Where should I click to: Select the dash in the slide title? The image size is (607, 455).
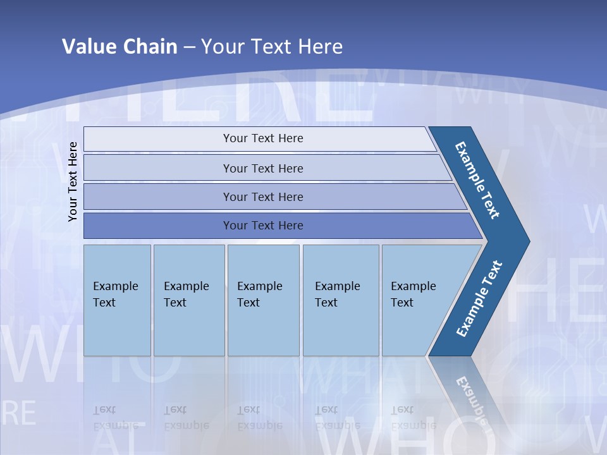189,47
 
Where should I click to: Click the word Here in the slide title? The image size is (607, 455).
320,46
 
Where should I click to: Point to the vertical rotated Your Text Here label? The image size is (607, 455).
73,181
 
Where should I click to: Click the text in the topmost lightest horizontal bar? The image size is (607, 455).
263,138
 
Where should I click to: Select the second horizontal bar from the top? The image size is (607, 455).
263,168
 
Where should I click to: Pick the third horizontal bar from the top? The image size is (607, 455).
263,197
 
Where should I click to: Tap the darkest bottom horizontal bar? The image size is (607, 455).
263,226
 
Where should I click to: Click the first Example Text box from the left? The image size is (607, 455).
117,300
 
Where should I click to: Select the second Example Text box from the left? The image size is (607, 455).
188,300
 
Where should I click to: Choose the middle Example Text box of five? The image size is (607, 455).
263,300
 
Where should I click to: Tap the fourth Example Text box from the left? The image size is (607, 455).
340,300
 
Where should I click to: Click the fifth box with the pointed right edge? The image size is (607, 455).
417,300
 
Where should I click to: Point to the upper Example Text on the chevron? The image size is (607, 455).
477,179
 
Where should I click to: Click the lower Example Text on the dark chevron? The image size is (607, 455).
479,299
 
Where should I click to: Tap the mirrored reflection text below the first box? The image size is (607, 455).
116,418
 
